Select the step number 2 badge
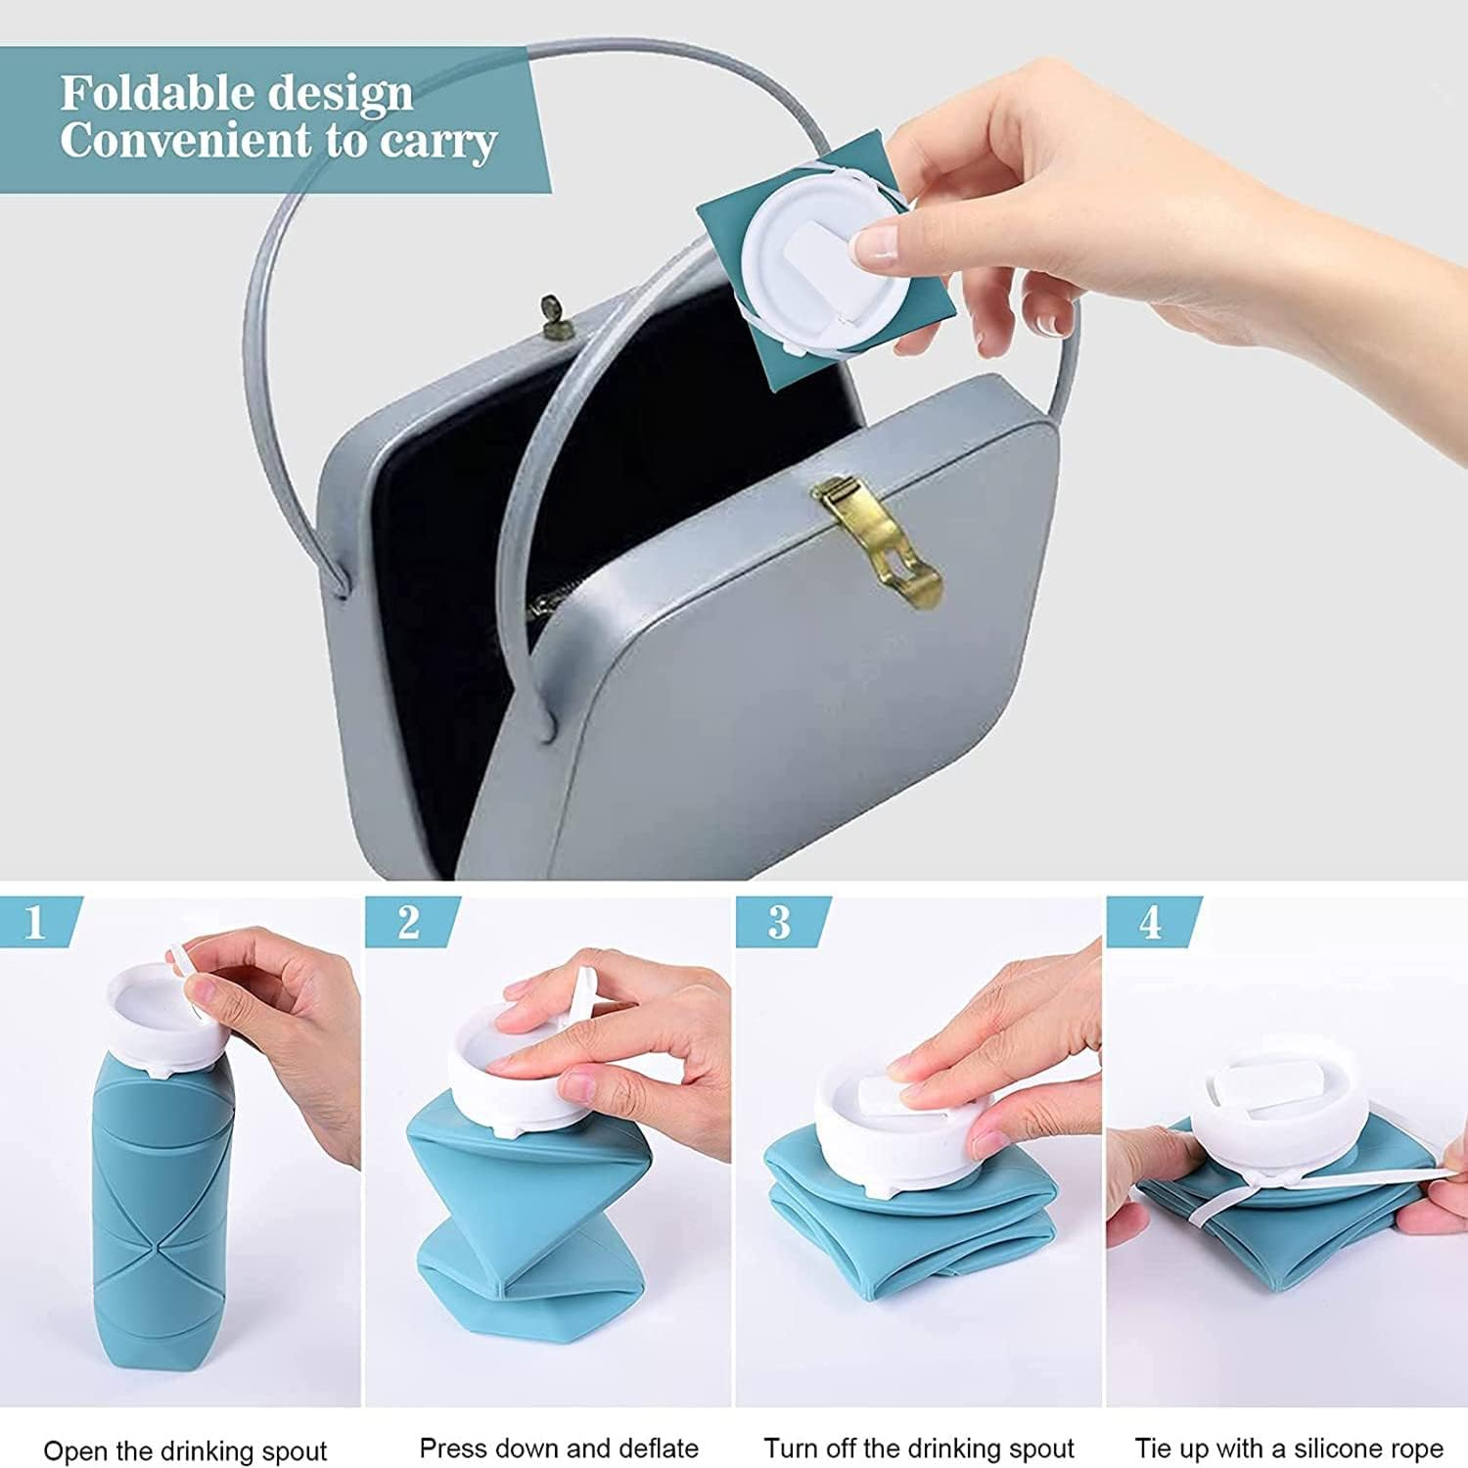point(408,922)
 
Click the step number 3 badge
point(779,922)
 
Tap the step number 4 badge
point(1150,922)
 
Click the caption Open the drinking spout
point(185,1450)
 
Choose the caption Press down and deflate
point(559,1447)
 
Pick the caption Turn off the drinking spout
point(919,1447)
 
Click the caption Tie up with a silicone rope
point(1289,1447)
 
